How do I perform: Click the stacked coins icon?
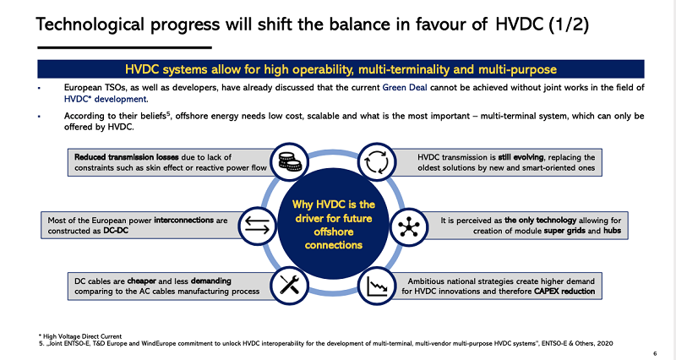290,162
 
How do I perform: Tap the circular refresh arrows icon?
376,162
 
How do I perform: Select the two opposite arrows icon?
257,226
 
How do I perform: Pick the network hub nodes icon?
408,226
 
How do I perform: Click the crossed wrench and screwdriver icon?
289,285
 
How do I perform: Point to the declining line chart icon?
377,286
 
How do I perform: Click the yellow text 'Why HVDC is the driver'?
333,211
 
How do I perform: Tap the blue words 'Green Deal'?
405,88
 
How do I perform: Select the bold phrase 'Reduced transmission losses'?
127,157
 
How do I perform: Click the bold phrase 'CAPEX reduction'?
564,292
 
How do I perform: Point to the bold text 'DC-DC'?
116,231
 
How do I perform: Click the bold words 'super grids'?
564,231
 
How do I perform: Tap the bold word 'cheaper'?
141,281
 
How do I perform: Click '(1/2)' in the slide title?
569,25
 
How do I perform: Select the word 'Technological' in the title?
90,25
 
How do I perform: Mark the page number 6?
655,353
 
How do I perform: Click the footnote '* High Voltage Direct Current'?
80,336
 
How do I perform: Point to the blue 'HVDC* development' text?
106,99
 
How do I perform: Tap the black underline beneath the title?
124,47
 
